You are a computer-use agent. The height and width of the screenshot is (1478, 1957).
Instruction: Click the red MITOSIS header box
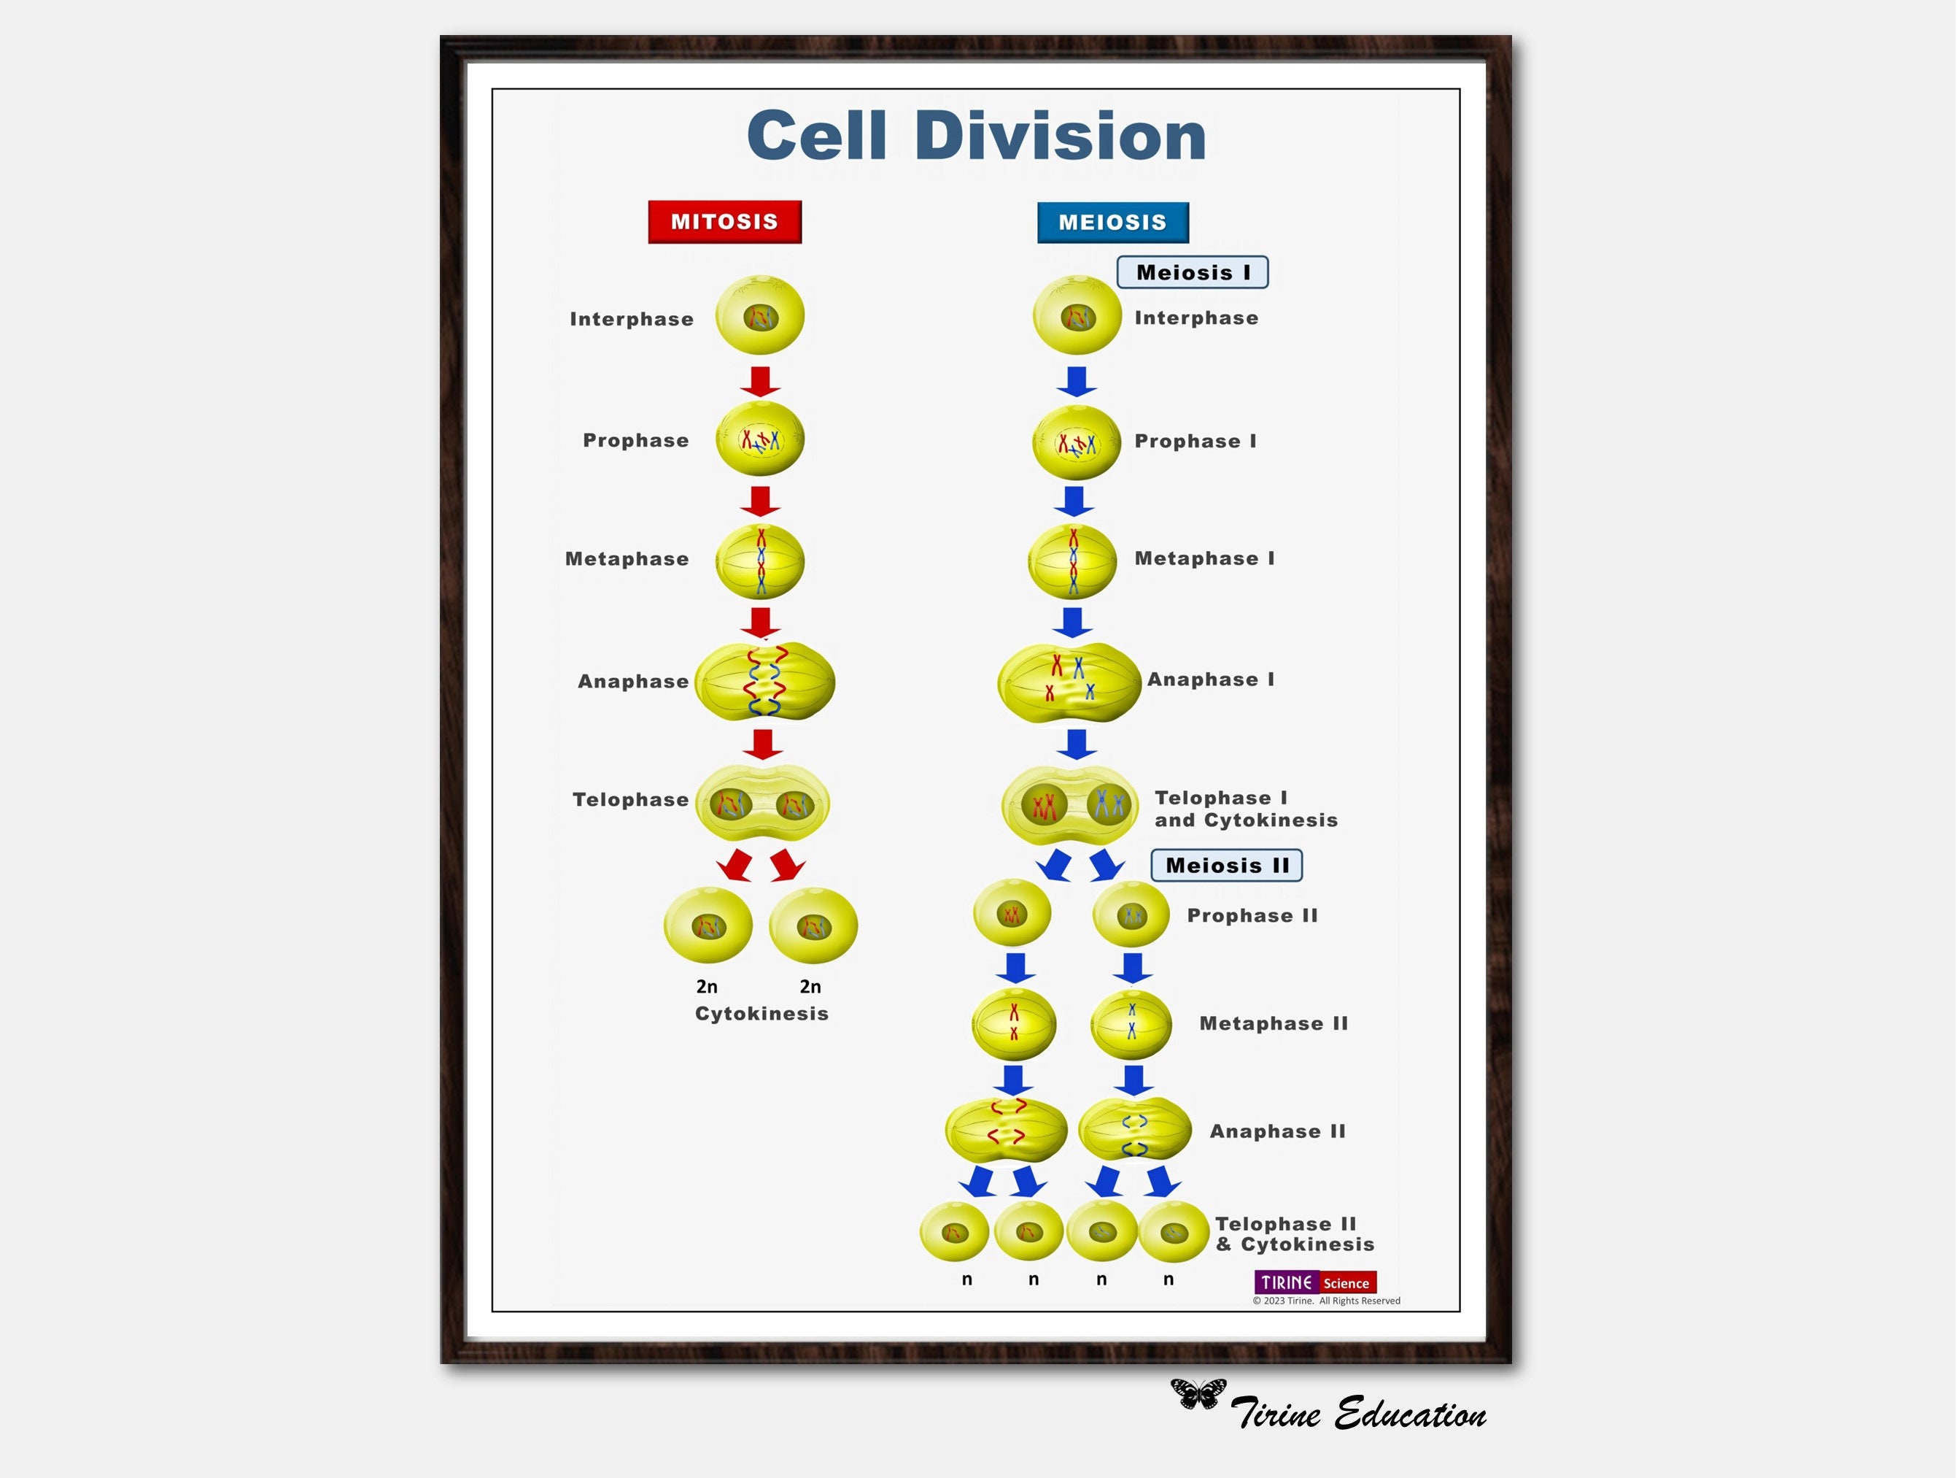click(x=724, y=221)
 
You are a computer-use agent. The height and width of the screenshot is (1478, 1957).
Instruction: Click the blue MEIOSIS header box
click(x=1113, y=222)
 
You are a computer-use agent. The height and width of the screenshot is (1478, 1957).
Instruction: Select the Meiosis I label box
click(x=1193, y=272)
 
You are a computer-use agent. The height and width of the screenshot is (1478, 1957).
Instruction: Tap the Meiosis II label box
click(x=1226, y=865)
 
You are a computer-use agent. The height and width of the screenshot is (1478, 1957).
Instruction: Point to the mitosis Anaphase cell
click(x=764, y=680)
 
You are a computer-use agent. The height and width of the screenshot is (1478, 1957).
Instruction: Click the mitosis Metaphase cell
click(x=760, y=561)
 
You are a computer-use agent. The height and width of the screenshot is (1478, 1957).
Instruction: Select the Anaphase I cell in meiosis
click(x=1069, y=682)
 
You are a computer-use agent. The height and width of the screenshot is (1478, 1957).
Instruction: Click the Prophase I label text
click(x=1195, y=441)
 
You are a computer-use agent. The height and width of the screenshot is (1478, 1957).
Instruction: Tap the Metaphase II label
click(x=1273, y=1023)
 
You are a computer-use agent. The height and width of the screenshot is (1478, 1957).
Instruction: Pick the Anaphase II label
click(x=1277, y=1131)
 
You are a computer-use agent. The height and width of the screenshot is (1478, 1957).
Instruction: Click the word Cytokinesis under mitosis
click(x=762, y=1013)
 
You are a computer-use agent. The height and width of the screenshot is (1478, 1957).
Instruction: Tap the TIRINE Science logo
click(x=1314, y=1282)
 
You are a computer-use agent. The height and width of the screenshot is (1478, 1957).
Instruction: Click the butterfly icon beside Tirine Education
click(x=1199, y=1393)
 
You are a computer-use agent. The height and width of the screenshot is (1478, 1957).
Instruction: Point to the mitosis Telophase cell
click(x=763, y=803)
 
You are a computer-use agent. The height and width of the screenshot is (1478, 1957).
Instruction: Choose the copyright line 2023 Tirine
click(x=1326, y=1301)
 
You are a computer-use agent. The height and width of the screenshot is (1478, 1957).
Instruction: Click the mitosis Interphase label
click(x=632, y=319)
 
